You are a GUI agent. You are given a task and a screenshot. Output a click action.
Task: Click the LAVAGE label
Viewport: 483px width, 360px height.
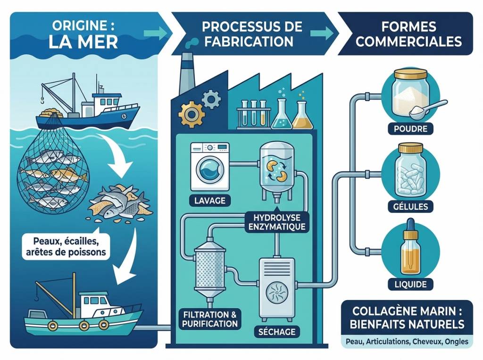[x=209, y=201]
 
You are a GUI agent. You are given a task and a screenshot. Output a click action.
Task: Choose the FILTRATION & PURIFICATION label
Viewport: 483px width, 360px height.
[x=209, y=319]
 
